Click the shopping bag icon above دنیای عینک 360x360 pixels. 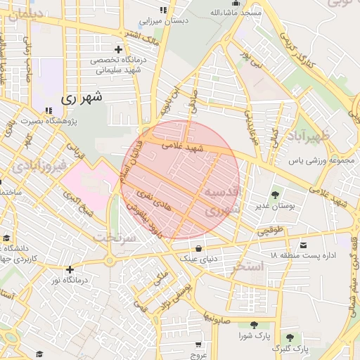[x=200, y=248]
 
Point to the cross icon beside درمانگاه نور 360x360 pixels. [x=70, y=269]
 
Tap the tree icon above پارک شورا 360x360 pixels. [x=252, y=324]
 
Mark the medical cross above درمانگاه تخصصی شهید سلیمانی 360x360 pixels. [x=118, y=50]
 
